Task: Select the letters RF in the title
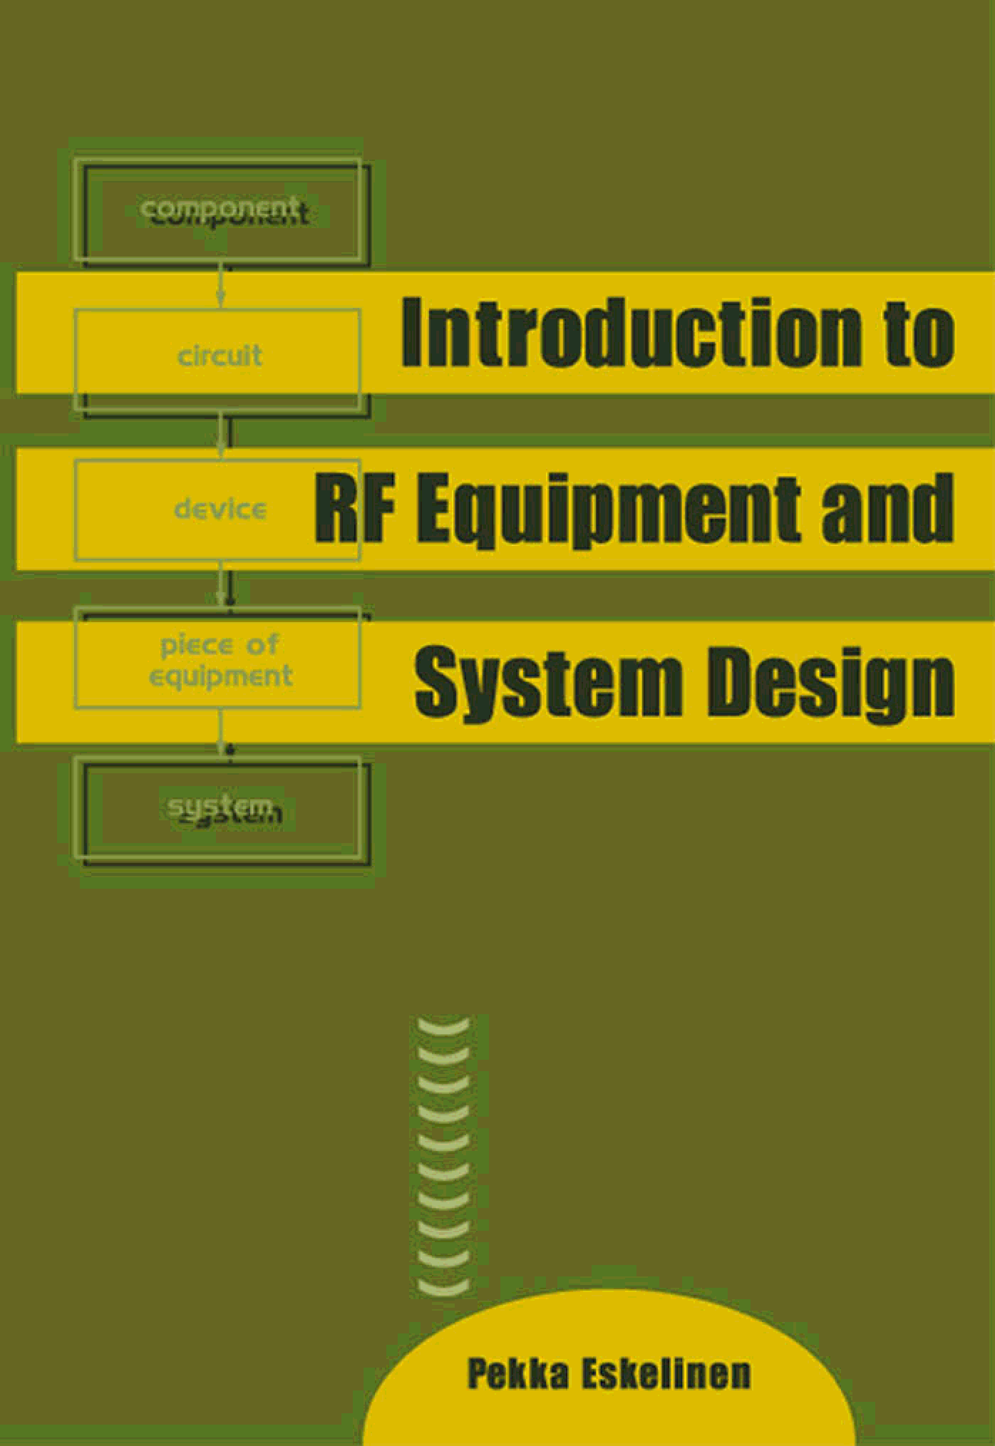point(354,507)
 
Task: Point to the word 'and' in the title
point(887,507)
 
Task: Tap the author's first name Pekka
point(518,1373)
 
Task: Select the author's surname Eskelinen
point(666,1373)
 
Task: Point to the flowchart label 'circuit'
point(220,356)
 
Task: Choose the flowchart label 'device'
point(220,509)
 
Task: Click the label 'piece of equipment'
point(220,661)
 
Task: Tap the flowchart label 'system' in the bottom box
point(221,808)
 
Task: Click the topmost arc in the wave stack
point(443,1027)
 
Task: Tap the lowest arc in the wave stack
point(443,1287)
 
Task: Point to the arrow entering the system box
point(222,735)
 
